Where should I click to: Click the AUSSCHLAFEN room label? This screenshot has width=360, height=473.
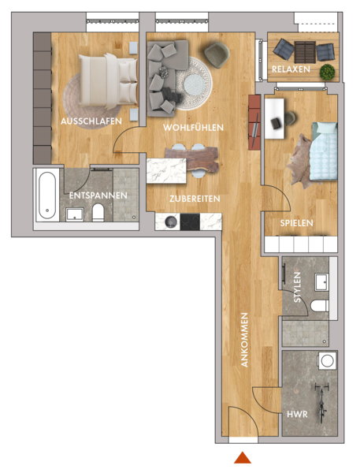click(91, 121)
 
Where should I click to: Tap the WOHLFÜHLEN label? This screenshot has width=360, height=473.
click(193, 127)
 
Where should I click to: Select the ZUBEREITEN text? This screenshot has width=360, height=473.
click(195, 199)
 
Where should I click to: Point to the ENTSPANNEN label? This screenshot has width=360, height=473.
click(98, 196)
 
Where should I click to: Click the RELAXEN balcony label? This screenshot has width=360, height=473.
click(291, 69)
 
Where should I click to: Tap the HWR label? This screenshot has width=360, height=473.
click(297, 414)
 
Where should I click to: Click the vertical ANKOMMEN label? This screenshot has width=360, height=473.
click(244, 340)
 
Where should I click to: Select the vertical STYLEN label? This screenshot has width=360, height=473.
click(297, 287)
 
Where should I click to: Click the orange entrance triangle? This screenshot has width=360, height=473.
click(243, 457)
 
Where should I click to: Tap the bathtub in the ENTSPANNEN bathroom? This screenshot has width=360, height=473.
click(47, 196)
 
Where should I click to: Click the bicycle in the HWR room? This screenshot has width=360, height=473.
click(321, 402)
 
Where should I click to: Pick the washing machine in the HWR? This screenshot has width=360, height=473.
click(327, 360)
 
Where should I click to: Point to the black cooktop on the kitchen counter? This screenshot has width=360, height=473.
click(190, 222)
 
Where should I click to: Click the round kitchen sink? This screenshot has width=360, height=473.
click(171, 222)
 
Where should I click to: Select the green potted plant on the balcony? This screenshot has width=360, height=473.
click(327, 72)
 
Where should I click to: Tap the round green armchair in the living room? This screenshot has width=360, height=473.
click(217, 55)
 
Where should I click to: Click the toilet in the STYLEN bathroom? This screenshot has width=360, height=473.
click(319, 306)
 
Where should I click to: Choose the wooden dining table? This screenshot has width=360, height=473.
click(191, 159)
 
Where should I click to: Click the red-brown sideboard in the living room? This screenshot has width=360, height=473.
click(254, 122)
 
